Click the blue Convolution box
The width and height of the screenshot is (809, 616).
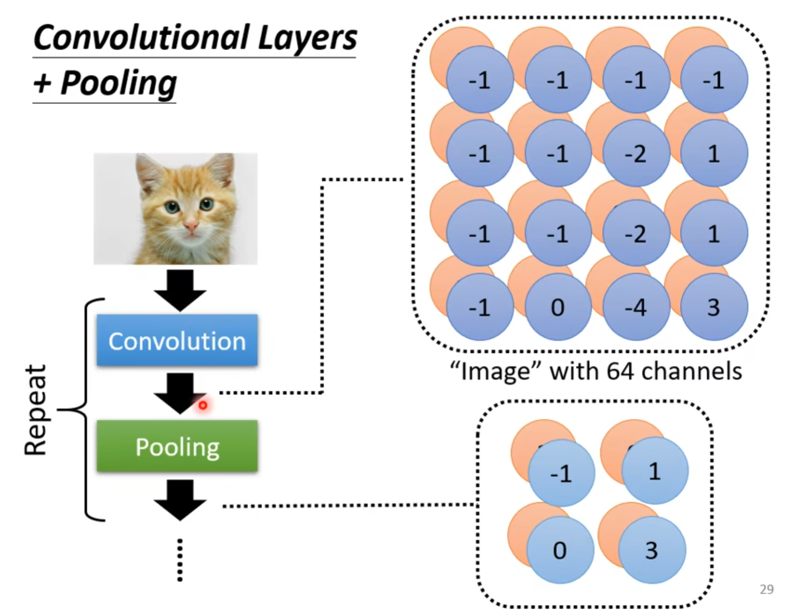click(177, 340)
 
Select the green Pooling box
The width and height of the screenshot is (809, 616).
click(177, 446)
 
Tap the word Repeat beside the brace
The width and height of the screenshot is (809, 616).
click(35, 410)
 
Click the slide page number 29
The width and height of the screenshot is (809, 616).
click(766, 589)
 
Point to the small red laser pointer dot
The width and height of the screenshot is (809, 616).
click(202, 405)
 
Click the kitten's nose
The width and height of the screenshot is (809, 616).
click(190, 225)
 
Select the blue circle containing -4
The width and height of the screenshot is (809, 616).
click(636, 307)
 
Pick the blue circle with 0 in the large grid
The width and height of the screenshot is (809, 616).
click(558, 307)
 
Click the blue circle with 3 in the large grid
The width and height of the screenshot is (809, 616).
click(714, 307)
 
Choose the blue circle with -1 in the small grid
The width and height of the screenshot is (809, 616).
click(562, 473)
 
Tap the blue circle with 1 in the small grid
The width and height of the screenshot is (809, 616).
click(655, 470)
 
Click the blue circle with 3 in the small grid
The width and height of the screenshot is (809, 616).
click(652, 550)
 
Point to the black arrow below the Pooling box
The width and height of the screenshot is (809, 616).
click(180, 501)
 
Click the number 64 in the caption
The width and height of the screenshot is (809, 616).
click(621, 370)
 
